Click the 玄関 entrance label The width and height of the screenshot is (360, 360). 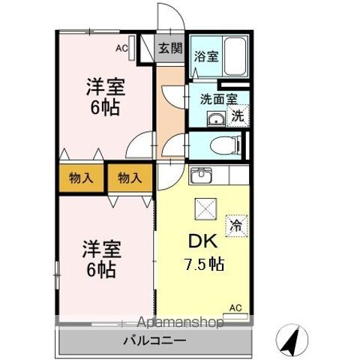[x=171, y=49]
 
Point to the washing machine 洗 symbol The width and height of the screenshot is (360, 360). [x=237, y=115]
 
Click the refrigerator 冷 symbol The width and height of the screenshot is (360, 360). [x=235, y=223]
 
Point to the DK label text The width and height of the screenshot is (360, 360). [x=199, y=241]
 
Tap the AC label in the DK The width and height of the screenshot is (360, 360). [x=235, y=307]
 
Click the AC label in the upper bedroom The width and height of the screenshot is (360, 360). [x=121, y=49]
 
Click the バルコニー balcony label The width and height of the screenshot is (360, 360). [x=156, y=341]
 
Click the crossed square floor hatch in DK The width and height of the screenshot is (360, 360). [x=205, y=208]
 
